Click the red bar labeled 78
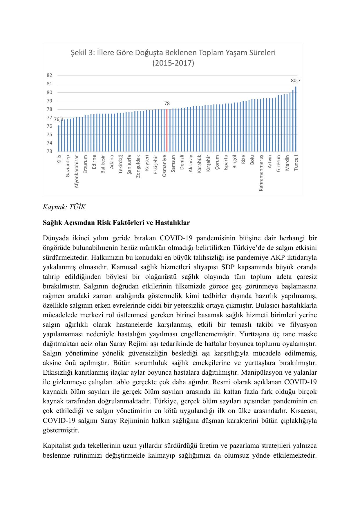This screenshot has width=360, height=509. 167,130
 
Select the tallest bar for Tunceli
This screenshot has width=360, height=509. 296,119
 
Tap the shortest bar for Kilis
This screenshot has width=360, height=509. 59,138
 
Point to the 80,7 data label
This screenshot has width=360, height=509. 296,81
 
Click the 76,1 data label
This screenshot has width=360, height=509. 59,119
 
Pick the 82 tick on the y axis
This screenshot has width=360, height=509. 49,75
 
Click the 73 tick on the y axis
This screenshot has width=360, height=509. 49,151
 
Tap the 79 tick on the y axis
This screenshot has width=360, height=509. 49,101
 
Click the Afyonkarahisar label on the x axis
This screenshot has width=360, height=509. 77,172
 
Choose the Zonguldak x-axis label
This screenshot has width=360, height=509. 138,166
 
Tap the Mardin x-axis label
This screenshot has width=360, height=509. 287,163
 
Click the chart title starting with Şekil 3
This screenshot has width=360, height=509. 173,53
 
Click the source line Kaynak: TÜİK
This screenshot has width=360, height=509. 64,207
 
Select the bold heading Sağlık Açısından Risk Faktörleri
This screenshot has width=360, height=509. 116,223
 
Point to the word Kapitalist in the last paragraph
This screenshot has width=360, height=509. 57,445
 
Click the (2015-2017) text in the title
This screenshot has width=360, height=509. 173,63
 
